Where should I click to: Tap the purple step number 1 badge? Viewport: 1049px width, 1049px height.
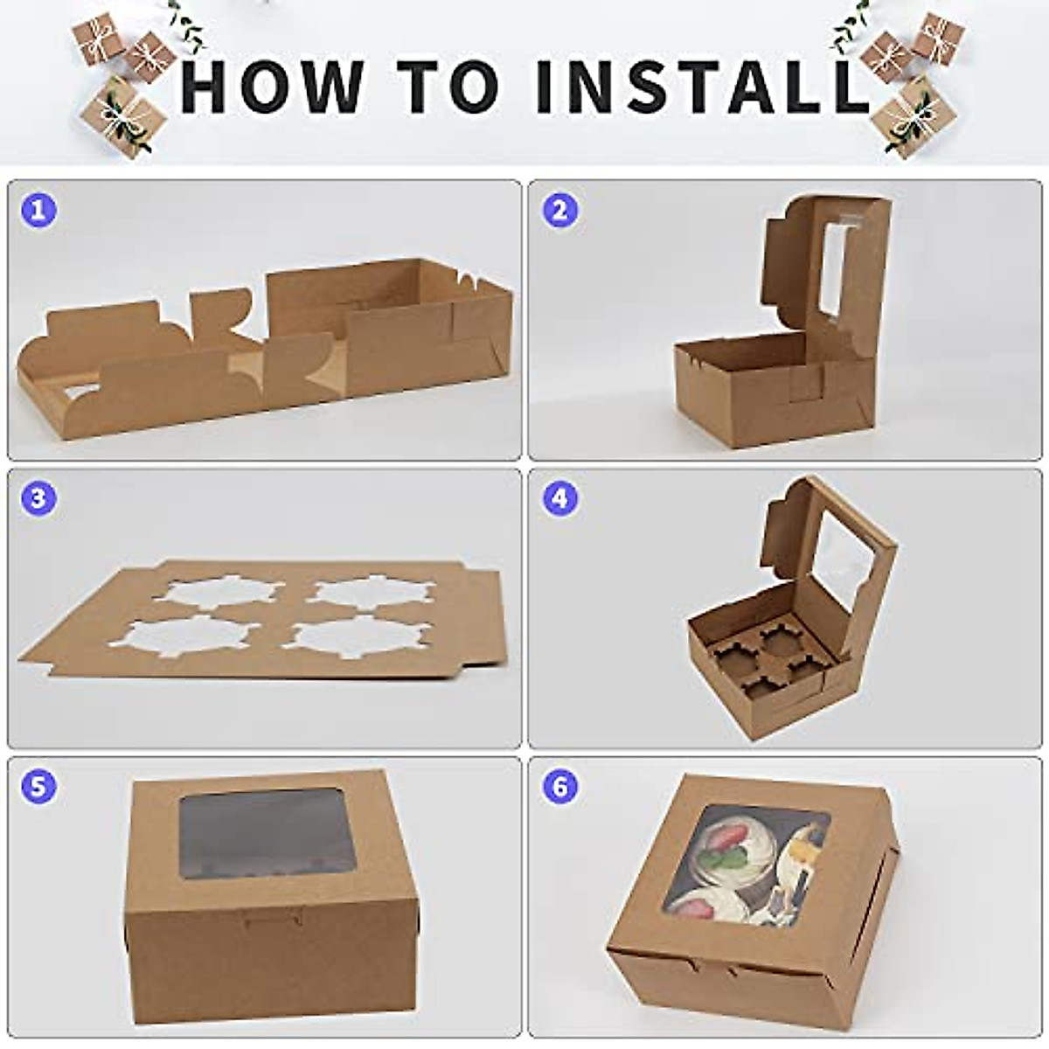pos(38,210)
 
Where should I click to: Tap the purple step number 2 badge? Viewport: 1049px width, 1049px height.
pos(560,210)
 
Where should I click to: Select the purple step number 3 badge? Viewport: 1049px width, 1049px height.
pos(38,499)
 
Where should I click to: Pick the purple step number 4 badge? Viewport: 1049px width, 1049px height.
pos(560,499)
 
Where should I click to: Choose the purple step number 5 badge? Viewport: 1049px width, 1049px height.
pos(38,785)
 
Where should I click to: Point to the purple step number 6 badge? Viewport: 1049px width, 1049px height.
pos(560,785)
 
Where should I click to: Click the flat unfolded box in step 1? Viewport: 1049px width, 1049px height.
pos(262,367)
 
